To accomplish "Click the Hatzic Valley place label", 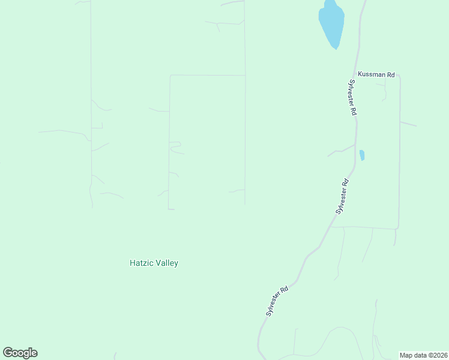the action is click(x=154, y=263).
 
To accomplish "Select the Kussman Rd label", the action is click(x=376, y=74).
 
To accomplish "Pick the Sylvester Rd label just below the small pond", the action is click(x=342, y=196).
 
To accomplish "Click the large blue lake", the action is click(x=331, y=22).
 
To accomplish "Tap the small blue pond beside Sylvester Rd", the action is click(x=362, y=155).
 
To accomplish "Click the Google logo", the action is click(x=20, y=353).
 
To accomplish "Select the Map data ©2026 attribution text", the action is click(x=423, y=355).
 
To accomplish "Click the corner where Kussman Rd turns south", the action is click(x=399, y=76).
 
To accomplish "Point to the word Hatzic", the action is click(x=141, y=263).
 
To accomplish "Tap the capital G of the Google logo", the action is click(x=8, y=353).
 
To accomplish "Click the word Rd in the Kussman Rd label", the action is click(x=390, y=74).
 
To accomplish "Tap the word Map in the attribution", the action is click(x=406, y=355).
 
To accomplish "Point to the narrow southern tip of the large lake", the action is click(x=335, y=47).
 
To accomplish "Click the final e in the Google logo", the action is click(x=34, y=353).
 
